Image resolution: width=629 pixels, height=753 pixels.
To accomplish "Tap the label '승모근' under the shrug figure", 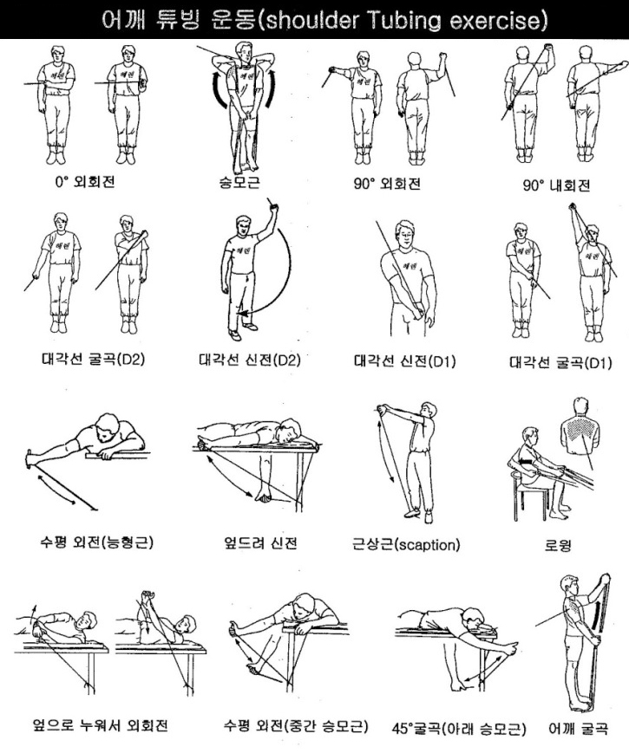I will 240,184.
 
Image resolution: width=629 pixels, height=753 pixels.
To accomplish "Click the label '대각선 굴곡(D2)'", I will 81,360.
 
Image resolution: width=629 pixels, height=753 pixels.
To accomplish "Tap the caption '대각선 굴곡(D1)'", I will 560,361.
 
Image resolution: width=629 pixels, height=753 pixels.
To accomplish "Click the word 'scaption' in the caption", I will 429,545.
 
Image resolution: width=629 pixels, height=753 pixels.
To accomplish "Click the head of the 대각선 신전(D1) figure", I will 406,232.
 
